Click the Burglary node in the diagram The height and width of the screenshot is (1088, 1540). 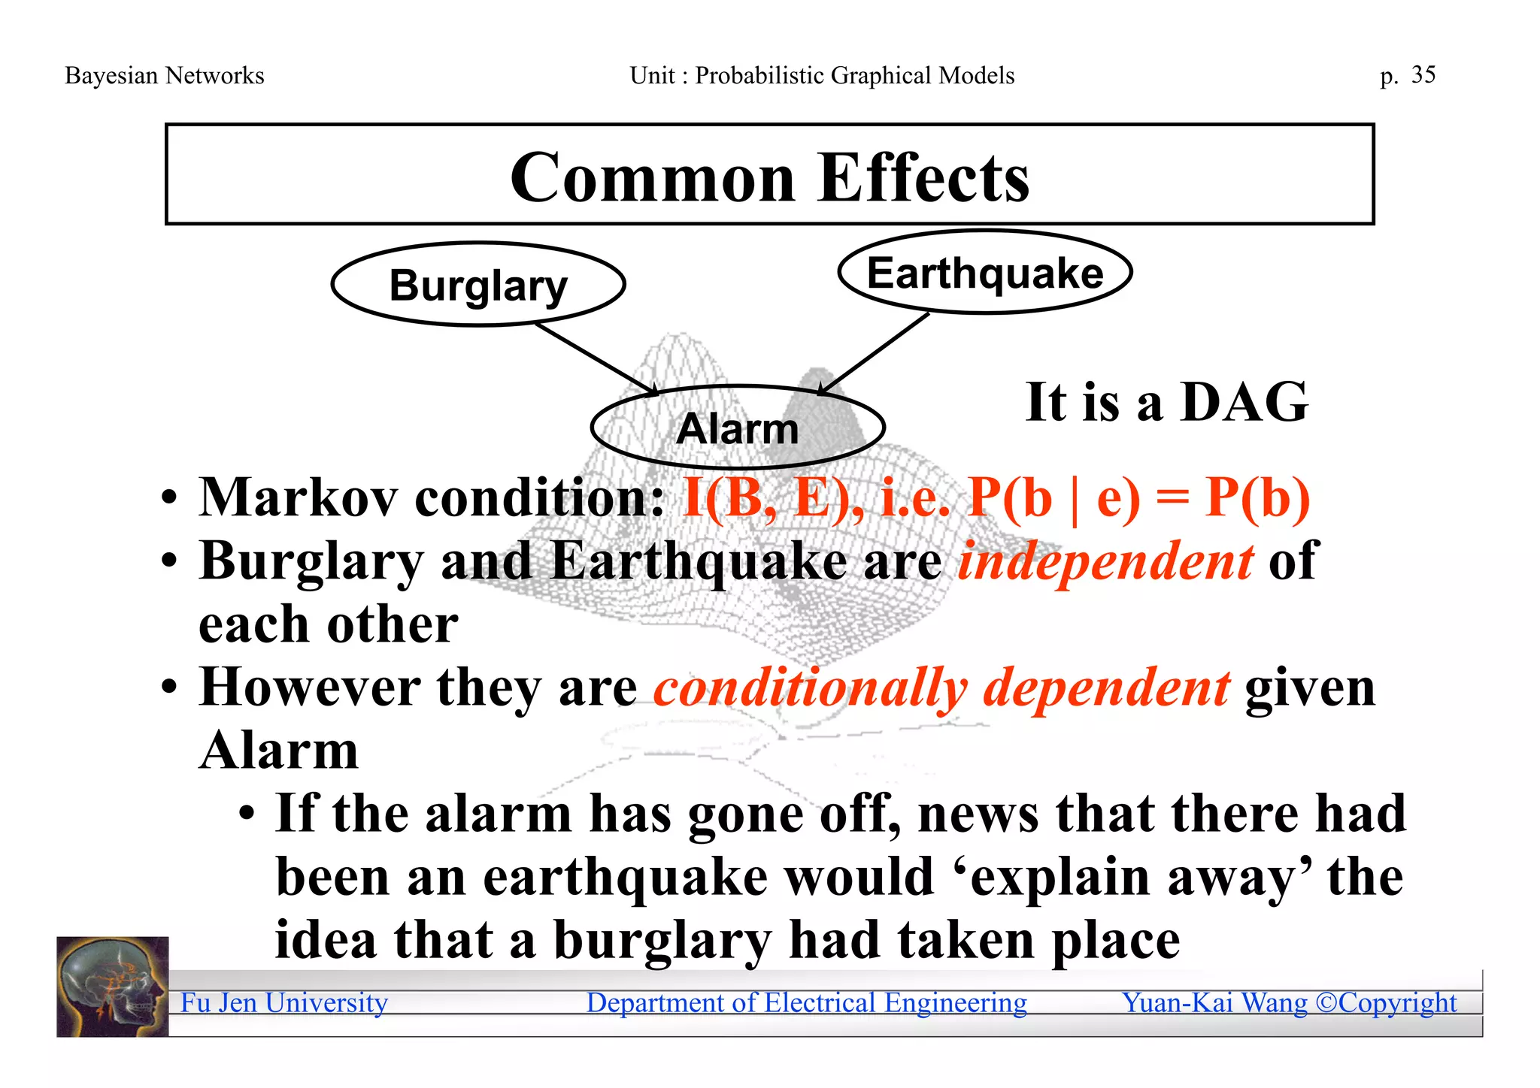pos(478,285)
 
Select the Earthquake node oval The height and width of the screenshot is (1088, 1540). pos(984,272)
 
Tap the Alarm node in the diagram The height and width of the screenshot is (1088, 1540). pos(738,428)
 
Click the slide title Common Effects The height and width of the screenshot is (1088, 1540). pos(769,177)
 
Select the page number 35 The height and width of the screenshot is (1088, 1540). pos(1423,74)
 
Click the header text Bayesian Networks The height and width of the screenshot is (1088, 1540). pos(165,75)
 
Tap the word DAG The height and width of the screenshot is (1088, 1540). pos(1244,402)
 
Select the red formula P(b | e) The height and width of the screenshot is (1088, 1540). pos(1053,497)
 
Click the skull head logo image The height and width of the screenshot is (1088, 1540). pos(113,987)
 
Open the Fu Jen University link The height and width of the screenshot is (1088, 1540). pos(284,1003)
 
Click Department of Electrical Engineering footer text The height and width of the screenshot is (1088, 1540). pos(806,1003)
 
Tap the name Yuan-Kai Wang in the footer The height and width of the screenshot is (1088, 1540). pos(1214,1003)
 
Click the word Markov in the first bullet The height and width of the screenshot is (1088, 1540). pos(298,497)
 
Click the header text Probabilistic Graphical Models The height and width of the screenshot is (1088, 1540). pos(854,75)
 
